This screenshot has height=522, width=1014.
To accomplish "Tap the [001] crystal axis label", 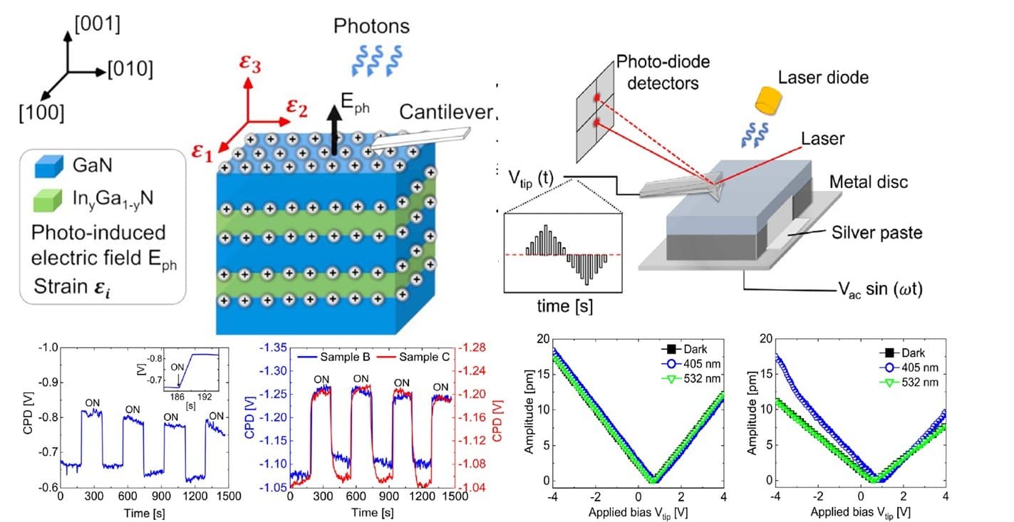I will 95,25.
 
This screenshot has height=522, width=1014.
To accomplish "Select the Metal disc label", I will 869,182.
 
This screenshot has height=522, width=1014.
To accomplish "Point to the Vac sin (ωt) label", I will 880,291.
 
